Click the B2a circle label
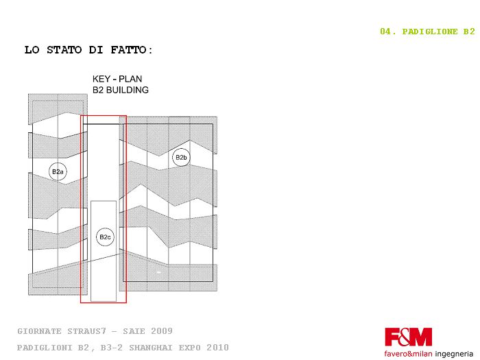coord(58,171)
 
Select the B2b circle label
coord(181,157)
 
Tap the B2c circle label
coord(106,237)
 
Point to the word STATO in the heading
coord(64,50)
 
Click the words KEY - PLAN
coord(117,79)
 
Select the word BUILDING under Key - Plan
coord(128,90)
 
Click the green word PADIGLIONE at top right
coord(430,32)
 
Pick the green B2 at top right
coord(469,32)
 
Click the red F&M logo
coord(409,337)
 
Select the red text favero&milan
coord(409,354)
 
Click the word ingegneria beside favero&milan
coord(454,355)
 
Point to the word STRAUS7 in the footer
coord(87,331)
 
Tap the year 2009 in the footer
coord(162,331)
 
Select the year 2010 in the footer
coord(217,348)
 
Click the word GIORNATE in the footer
coord(40,331)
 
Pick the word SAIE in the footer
coord(134,331)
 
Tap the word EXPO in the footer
coord(190,348)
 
